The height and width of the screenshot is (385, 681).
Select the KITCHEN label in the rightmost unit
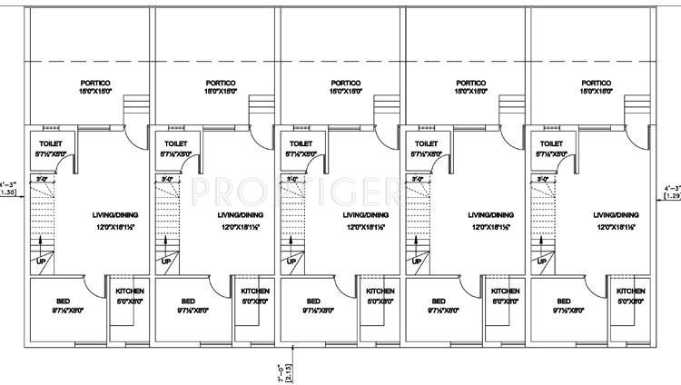point(631,291)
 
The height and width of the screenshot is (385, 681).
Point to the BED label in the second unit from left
point(188,301)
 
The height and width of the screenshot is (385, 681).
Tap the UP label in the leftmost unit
point(40,262)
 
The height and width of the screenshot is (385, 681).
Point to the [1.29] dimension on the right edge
point(673,194)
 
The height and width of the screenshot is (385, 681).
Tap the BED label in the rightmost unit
point(564,301)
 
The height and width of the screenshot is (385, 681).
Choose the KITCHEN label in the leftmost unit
point(130,291)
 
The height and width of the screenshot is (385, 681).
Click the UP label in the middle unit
point(291,262)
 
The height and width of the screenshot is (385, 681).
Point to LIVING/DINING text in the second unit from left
point(241,215)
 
